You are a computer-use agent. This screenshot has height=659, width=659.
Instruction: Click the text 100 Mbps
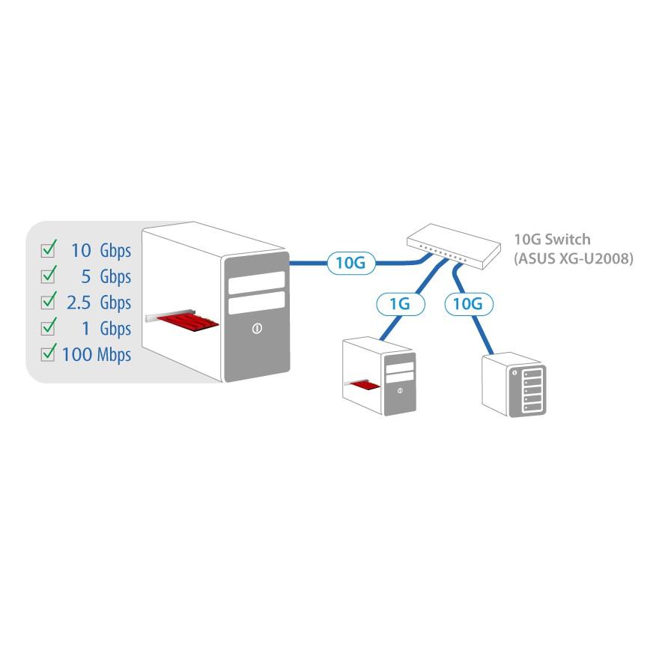point(97,354)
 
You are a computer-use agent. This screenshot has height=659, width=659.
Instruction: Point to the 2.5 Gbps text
point(98,303)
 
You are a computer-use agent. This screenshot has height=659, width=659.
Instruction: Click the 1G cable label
point(399,304)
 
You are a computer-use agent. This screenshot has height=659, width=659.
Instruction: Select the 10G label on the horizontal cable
point(350,263)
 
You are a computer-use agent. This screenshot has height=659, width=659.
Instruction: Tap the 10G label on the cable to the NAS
point(470,304)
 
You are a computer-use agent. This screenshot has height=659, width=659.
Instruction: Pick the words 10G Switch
point(552,240)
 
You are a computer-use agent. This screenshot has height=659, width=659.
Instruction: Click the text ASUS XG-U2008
point(574,259)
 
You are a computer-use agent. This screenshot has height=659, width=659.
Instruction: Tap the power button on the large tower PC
point(257,328)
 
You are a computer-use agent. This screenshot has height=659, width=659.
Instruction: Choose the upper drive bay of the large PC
point(257,282)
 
